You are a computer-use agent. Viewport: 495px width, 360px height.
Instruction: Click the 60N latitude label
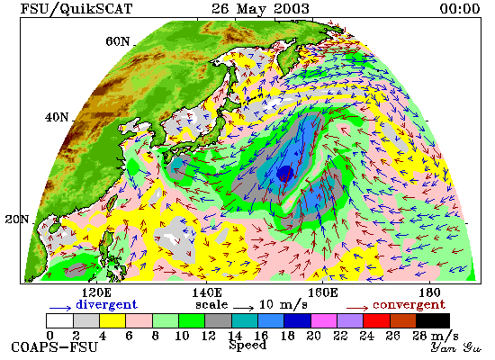[x=118, y=41]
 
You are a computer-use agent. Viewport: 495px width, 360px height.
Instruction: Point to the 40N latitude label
[x=57, y=118]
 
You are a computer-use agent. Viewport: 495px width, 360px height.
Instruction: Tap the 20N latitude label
[x=17, y=220]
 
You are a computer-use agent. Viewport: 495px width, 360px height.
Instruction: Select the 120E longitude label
[x=96, y=292]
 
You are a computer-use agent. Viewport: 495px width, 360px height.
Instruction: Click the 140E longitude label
[x=207, y=292]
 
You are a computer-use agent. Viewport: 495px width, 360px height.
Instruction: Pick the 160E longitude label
[x=322, y=292]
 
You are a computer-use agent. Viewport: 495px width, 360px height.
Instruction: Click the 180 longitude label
[x=429, y=292]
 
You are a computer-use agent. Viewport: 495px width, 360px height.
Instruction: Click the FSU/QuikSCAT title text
[x=76, y=8]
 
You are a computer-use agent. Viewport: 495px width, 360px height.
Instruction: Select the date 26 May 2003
[x=260, y=8]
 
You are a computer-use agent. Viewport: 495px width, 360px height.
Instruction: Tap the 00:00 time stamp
[x=460, y=8]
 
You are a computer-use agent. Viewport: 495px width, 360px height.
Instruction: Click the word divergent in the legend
[x=106, y=304]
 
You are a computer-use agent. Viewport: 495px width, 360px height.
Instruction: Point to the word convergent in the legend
[x=409, y=305]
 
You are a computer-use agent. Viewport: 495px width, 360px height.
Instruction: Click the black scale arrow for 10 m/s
[x=243, y=307]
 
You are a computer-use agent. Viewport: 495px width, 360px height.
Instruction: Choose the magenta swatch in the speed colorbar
[x=324, y=320]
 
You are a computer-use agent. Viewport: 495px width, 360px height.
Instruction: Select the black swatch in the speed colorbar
[x=433, y=320]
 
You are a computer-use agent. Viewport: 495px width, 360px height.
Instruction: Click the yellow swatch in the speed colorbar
[x=112, y=320]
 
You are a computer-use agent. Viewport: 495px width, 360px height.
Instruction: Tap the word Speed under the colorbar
[x=247, y=345]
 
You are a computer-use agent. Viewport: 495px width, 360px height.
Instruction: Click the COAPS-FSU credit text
[x=54, y=347]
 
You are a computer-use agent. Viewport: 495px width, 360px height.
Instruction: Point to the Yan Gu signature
[x=456, y=347]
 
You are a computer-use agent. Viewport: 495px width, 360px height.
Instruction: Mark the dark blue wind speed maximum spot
[x=285, y=173]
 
